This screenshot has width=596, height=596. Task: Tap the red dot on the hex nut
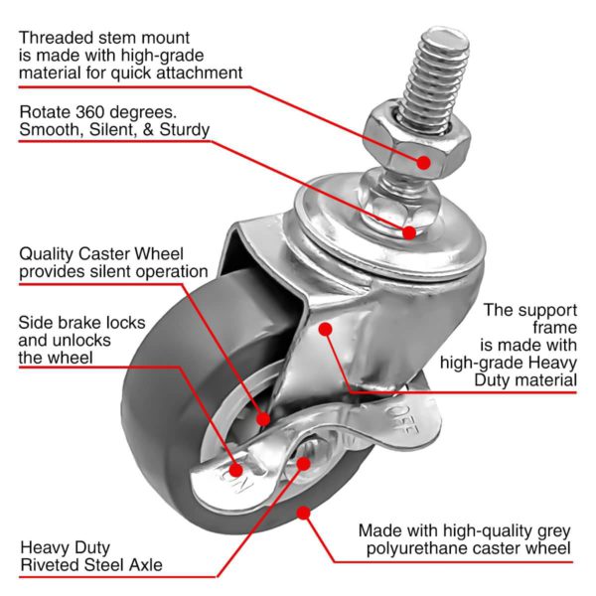(x=424, y=161)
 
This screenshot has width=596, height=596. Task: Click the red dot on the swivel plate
(x=409, y=232)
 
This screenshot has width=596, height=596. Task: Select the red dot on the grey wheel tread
(x=304, y=513)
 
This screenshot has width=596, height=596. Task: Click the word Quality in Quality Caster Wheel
(x=49, y=252)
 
